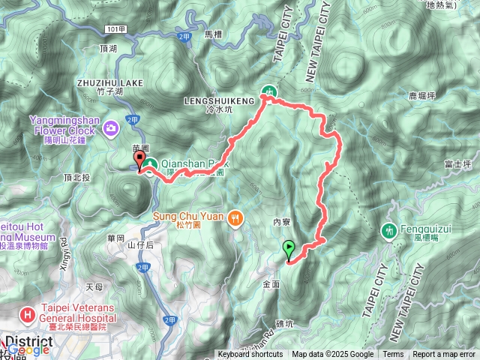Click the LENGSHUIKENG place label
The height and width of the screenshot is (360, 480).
pos(213,98)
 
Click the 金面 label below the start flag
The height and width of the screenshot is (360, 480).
pos(271,285)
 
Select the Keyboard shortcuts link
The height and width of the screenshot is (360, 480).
pos(250,355)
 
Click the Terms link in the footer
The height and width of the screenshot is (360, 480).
pos(393,355)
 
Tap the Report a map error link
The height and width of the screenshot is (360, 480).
pos(445,355)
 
